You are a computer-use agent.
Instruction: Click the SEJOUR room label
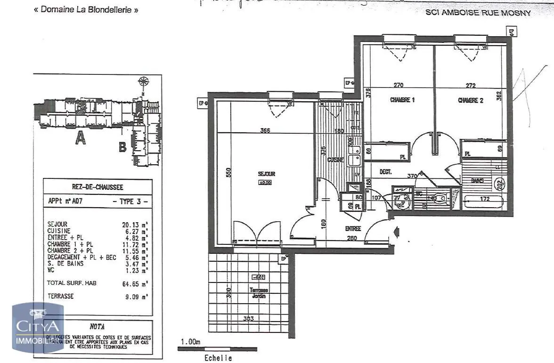click(267, 174)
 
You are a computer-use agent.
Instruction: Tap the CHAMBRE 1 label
click(402, 100)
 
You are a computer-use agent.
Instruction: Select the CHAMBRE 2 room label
click(471, 100)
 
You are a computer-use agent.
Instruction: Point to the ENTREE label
click(353, 228)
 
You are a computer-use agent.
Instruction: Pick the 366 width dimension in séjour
click(265, 130)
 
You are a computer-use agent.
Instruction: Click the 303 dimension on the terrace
click(249, 319)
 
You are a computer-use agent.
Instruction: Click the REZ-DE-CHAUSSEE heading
click(98, 187)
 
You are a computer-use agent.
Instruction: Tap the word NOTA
click(97, 326)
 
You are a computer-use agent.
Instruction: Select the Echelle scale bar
click(217, 349)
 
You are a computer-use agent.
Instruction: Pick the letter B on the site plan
click(122, 147)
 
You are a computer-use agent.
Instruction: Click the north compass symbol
click(141, 83)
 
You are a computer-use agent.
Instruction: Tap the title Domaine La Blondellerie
click(86, 9)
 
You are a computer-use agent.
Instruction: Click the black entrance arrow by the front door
click(397, 232)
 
